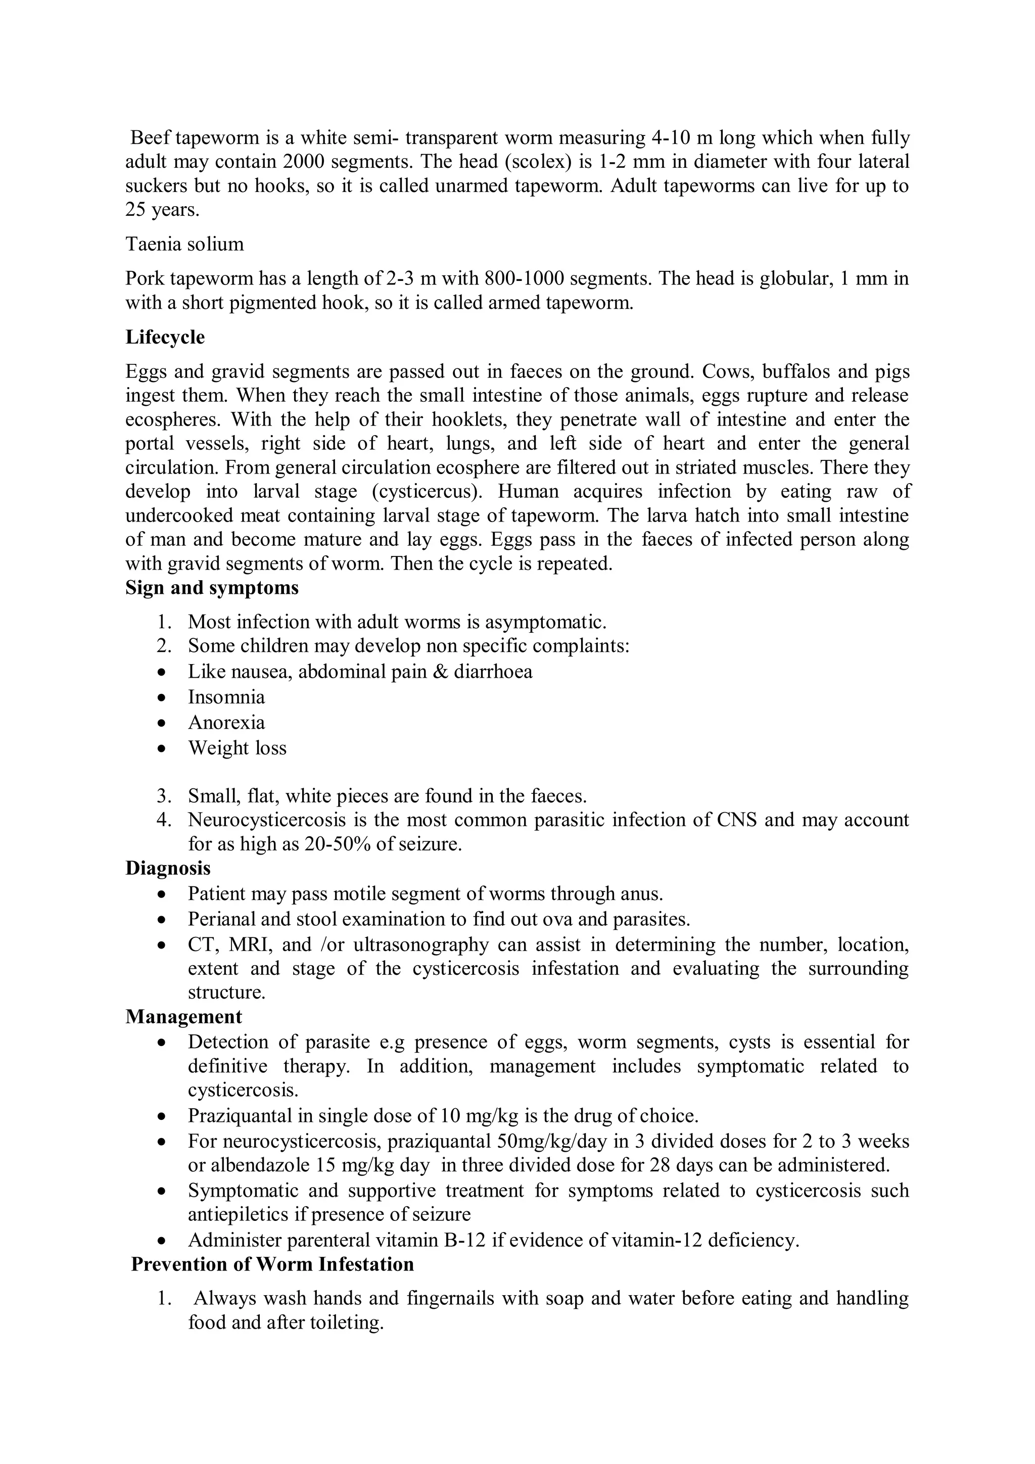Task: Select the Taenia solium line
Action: [184, 244]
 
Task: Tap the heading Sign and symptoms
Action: [212, 587]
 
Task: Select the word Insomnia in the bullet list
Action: [226, 697]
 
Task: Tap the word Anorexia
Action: [226, 723]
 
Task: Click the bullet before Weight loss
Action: [164, 748]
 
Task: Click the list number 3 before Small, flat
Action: [163, 796]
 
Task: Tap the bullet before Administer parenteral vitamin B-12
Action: [164, 1241]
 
